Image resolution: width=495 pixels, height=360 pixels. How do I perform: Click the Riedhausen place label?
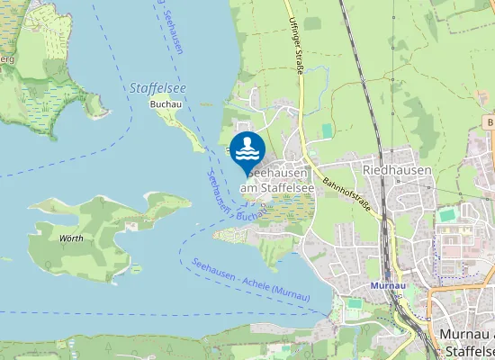pos(397,169)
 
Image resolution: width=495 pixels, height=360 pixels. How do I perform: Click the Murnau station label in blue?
pos(384,285)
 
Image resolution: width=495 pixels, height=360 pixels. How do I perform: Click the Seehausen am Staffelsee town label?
pos(279,180)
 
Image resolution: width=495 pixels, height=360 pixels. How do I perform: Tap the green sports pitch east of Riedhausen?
pos(447,215)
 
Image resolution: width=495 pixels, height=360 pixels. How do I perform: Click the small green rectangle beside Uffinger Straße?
pos(326,131)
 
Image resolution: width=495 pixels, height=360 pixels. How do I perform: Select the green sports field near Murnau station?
pos(355,303)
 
